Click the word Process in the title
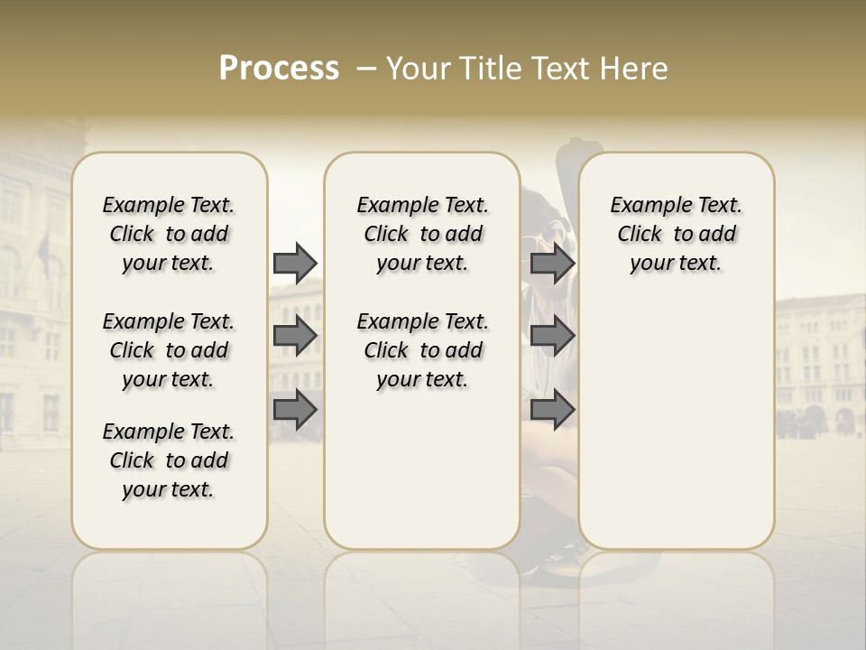pyautogui.click(x=279, y=69)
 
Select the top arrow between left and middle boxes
pyautogui.click(x=295, y=263)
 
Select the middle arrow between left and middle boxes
pyautogui.click(x=295, y=336)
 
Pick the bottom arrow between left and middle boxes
pyautogui.click(x=295, y=410)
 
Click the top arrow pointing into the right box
pyautogui.click(x=552, y=263)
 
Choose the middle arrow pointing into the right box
pyautogui.click(x=552, y=336)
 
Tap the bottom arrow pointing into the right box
pyautogui.click(x=552, y=410)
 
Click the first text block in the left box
pyautogui.click(x=169, y=234)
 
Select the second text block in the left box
pyautogui.click(x=169, y=350)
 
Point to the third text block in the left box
pyautogui.click(x=169, y=460)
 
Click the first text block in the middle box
pyautogui.click(x=422, y=234)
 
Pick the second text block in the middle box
pyautogui.click(x=422, y=350)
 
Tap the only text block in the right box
pyautogui.click(x=676, y=234)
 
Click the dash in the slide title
pyautogui.click(x=367, y=69)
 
